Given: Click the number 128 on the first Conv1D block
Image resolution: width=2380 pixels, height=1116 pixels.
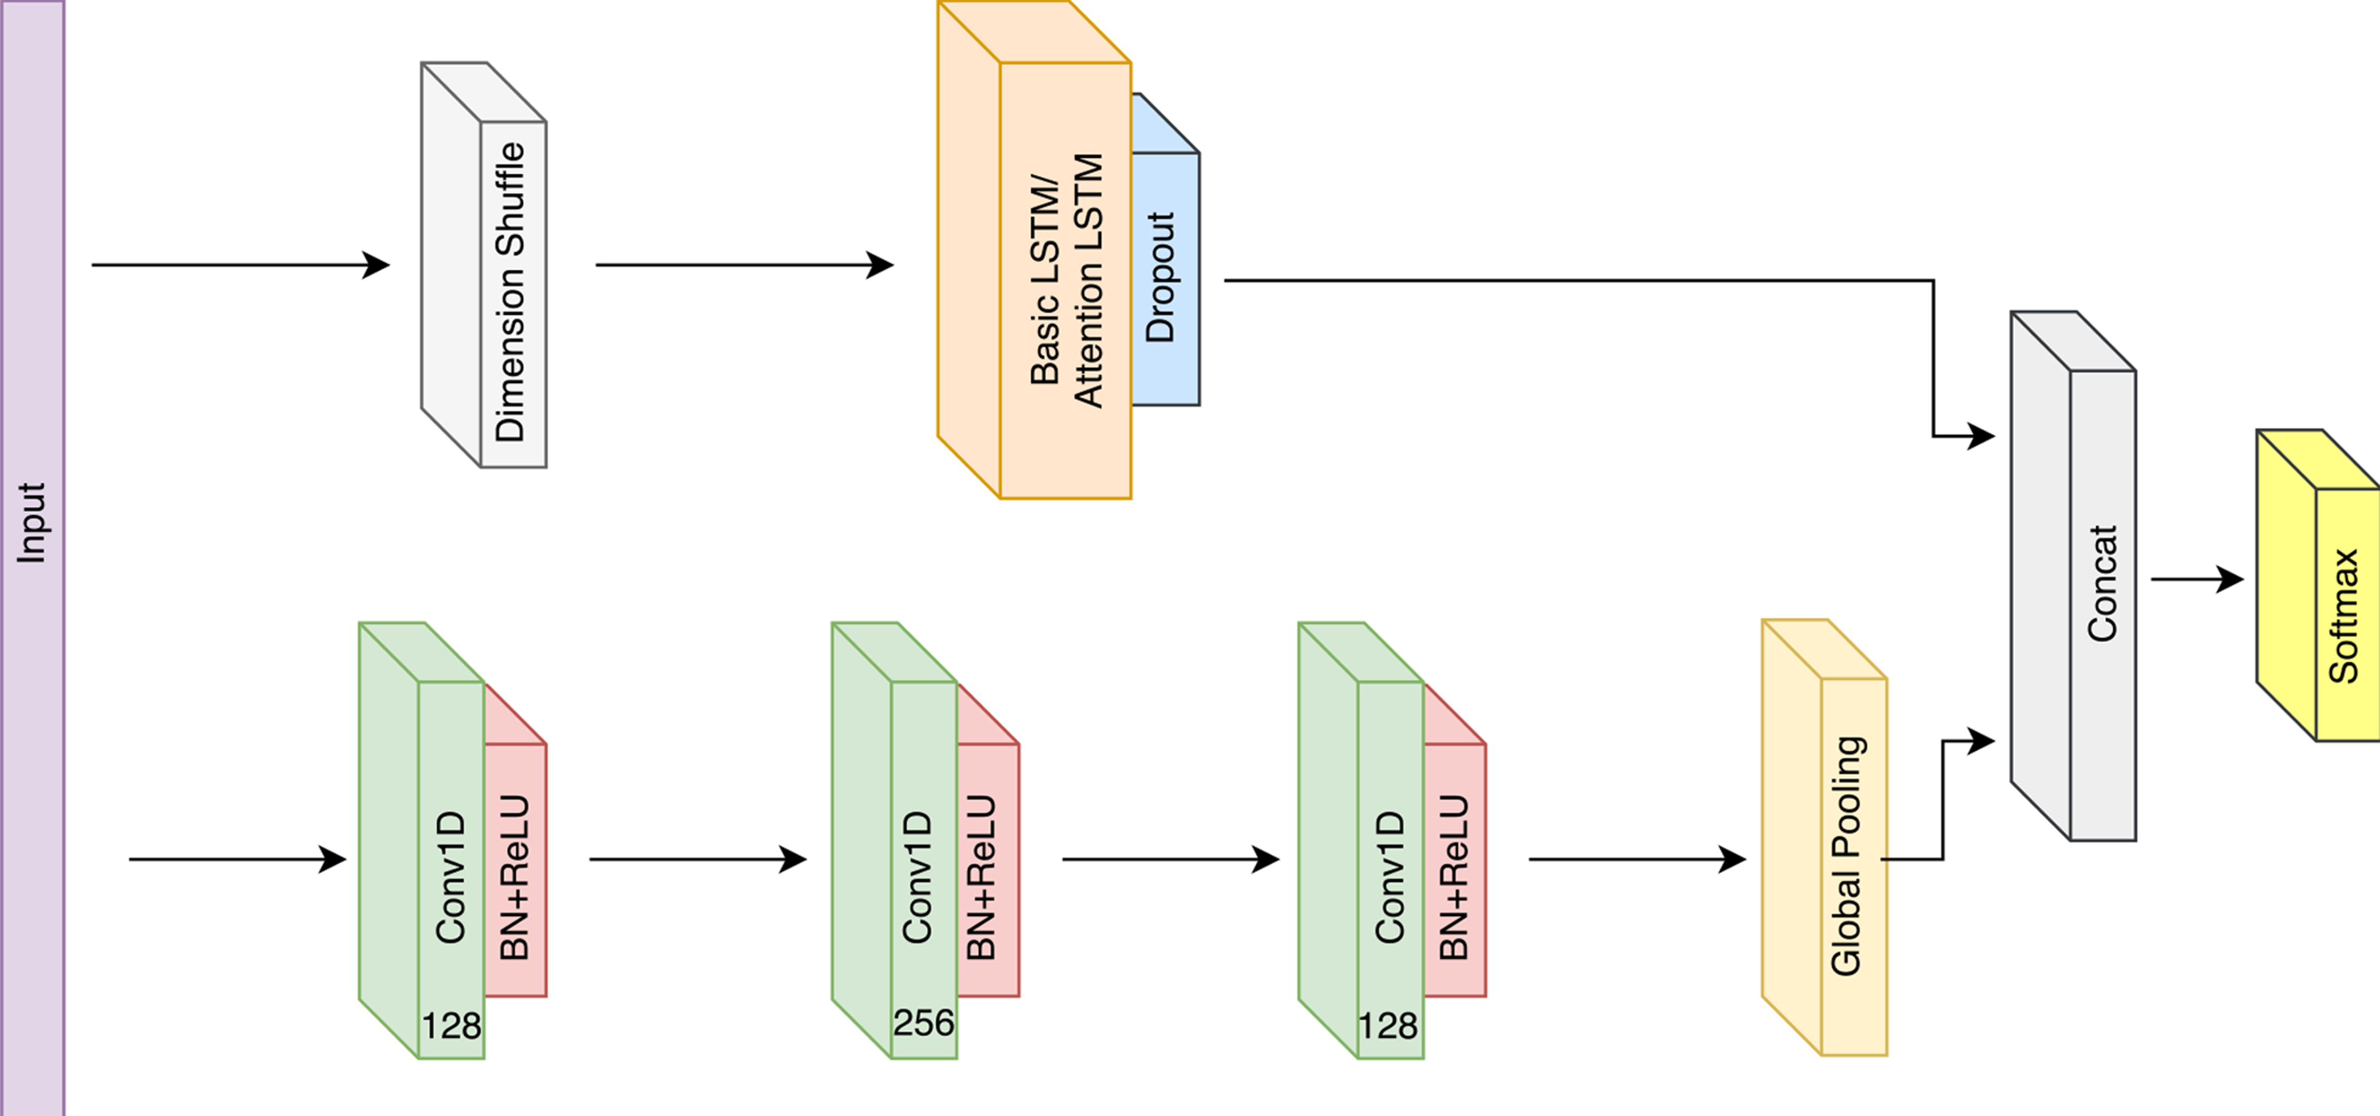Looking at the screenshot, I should tap(451, 1025).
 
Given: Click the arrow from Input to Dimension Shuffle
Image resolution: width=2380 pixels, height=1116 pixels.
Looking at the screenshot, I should tap(240, 265).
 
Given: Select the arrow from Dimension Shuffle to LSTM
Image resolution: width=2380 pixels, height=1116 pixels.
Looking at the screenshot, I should tap(743, 265).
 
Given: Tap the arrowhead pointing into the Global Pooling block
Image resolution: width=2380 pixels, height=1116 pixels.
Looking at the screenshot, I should tap(1732, 859).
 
